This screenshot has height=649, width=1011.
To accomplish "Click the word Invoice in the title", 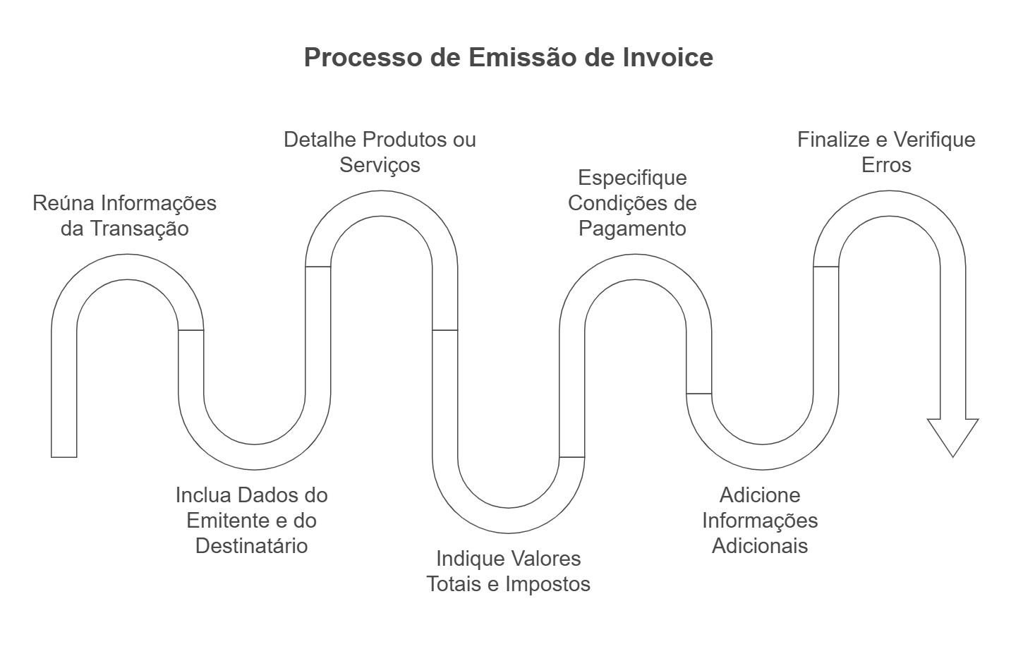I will [x=667, y=57].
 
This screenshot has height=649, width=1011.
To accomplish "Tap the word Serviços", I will [x=380, y=165].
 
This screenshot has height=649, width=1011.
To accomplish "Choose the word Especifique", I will [x=632, y=178].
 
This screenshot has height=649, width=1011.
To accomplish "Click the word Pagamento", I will [x=632, y=229].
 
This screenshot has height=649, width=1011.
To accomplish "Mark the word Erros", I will [x=886, y=165].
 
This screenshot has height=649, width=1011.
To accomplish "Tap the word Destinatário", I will [x=251, y=546].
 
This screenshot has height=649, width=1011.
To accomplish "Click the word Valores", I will [x=547, y=559].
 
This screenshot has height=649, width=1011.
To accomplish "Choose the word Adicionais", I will [x=759, y=546].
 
